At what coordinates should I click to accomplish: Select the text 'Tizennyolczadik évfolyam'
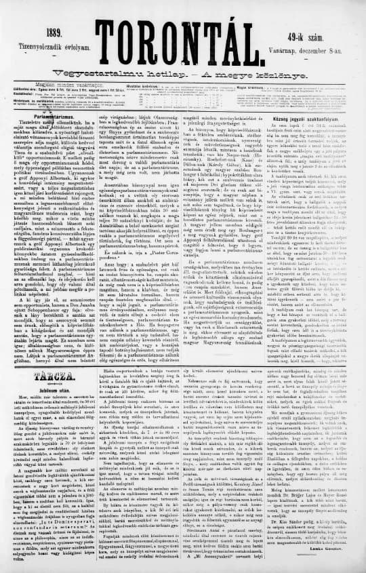click(x=42, y=43)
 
